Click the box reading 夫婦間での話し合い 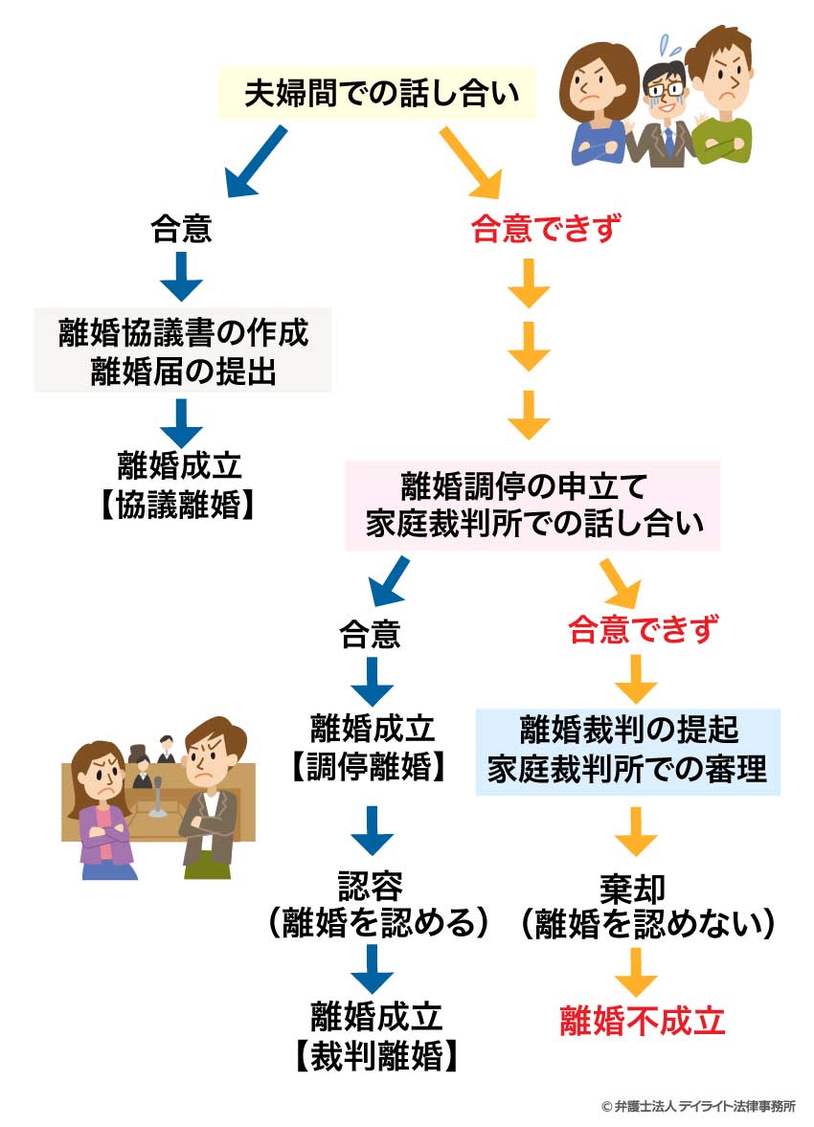point(381,93)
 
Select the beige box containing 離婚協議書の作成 point(183,349)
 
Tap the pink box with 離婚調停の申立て point(532,505)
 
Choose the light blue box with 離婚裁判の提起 point(628,752)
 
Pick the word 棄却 point(635,882)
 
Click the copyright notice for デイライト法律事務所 point(698,1105)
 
